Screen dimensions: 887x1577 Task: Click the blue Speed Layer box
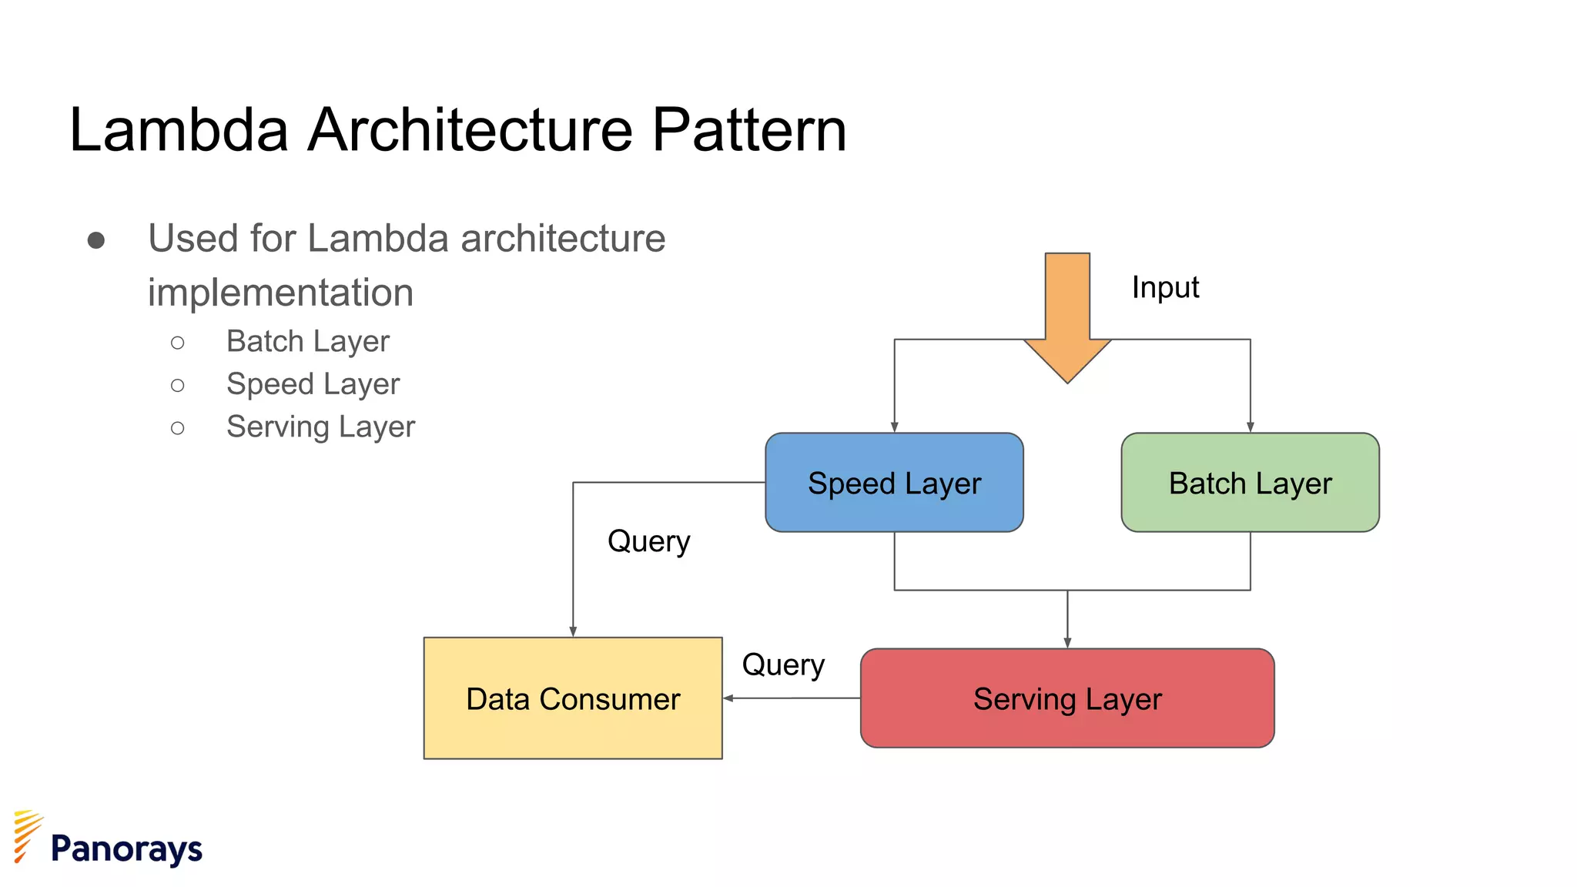tap(894, 482)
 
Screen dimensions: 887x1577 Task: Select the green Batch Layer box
tap(1250, 482)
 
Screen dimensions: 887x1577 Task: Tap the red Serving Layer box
tap(1067, 698)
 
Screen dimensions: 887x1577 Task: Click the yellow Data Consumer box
tap(573, 698)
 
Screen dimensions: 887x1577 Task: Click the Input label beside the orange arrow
tap(1165, 287)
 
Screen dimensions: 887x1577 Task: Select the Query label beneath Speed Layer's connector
tap(648, 541)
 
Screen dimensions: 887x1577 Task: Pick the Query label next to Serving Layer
tap(783, 664)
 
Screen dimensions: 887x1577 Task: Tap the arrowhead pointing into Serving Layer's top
tap(1067, 643)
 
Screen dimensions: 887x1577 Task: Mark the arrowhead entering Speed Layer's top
tap(894, 427)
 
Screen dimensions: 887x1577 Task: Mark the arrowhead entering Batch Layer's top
tap(1250, 427)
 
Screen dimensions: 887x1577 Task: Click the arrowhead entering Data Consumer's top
tap(573, 631)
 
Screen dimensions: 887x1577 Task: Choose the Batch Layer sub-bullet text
tap(308, 341)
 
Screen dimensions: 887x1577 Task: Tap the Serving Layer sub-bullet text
tap(320, 427)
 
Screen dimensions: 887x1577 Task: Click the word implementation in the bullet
tap(280, 293)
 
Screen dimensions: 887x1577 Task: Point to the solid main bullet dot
tap(96, 241)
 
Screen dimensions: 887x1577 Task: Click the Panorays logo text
tap(126, 849)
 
